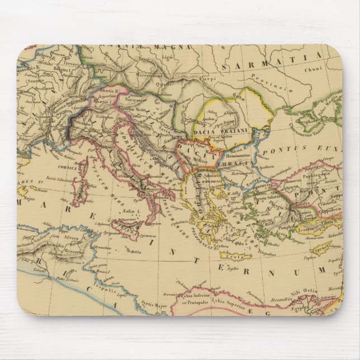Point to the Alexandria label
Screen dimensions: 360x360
(x=280, y=299)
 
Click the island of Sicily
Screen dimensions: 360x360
(x=125, y=228)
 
